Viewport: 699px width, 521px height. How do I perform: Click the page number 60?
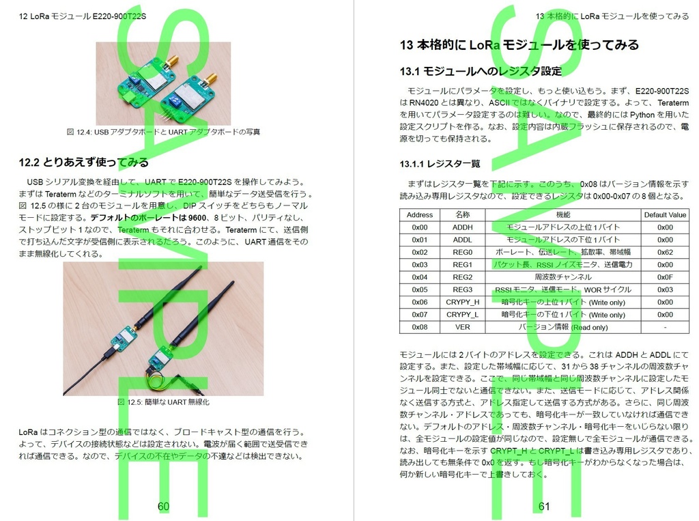[163, 506]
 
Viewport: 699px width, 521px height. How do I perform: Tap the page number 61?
[544, 506]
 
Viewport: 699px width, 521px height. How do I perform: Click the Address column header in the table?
[420, 214]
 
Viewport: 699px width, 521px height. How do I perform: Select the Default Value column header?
[664, 214]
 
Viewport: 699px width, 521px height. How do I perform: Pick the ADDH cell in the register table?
[462, 227]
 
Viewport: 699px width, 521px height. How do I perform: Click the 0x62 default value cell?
[664, 252]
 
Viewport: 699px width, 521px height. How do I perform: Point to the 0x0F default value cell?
[664, 277]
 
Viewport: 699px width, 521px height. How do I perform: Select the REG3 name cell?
[462, 290]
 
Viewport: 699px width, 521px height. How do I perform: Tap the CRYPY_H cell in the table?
[462, 302]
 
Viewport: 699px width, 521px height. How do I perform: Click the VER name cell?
[462, 327]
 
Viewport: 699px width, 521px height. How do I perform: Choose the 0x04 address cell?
[420, 277]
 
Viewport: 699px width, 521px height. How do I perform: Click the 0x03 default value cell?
[664, 290]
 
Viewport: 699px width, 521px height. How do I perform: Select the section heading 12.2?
[83, 163]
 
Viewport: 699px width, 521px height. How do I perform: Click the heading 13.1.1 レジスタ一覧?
[440, 164]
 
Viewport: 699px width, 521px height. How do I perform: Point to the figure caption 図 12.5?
[163, 402]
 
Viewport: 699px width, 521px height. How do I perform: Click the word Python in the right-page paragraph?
[641, 115]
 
